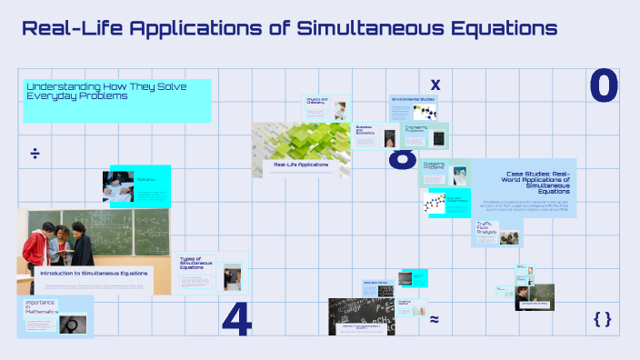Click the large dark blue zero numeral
(604, 85)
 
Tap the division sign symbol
(35, 153)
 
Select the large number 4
(235, 318)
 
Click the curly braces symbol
(602, 318)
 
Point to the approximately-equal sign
(435, 319)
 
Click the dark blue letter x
(435, 85)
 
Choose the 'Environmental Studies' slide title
(414, 99)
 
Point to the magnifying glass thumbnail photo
(73, 323)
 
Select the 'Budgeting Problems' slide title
(435, 166)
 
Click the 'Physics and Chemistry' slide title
(315, 102)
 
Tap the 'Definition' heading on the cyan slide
(145, 179)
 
